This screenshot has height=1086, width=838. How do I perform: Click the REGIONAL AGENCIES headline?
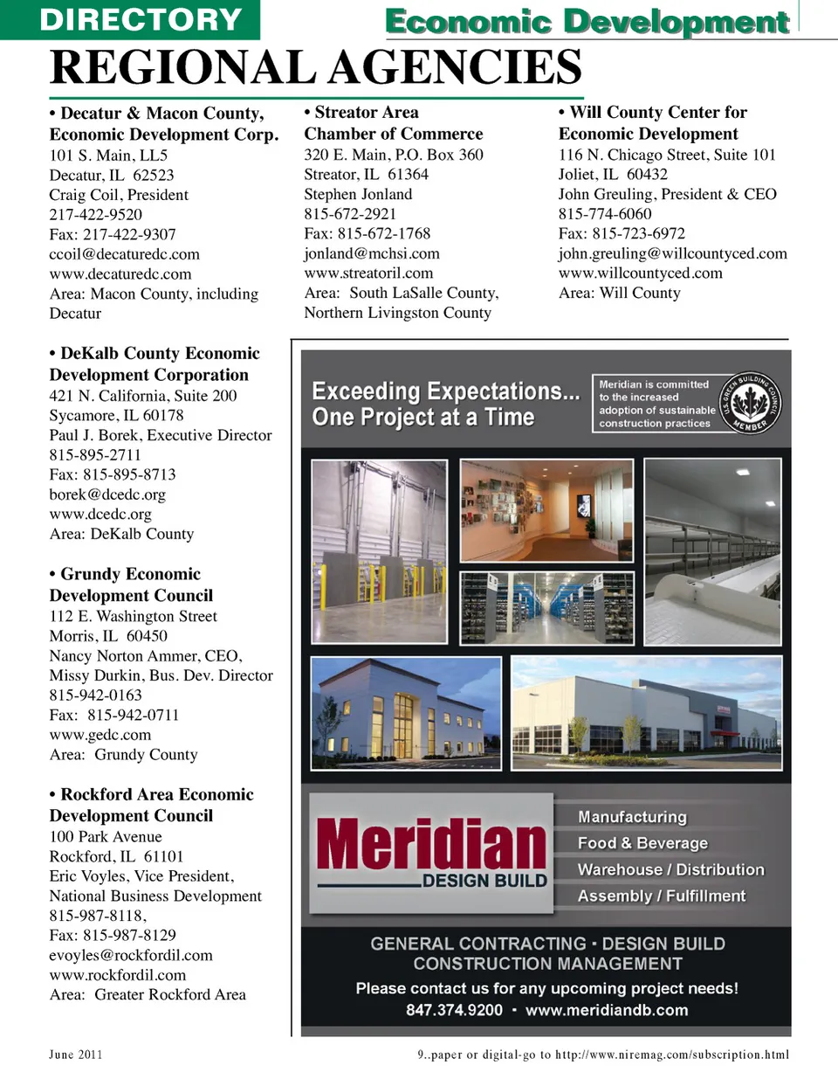tap(315, 67)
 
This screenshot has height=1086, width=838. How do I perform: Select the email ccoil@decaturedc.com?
tap(124, 254)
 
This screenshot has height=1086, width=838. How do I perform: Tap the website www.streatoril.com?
tap(367, 273)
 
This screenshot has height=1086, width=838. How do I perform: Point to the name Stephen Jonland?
tap(358, 194)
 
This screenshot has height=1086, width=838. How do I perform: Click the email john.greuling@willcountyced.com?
tap(672, 253)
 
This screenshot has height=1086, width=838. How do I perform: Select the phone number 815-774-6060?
tap(605, 214)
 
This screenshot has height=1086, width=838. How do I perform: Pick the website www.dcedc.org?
tap(100, 515)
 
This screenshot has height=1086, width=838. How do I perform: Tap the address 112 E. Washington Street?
tap(133, 616)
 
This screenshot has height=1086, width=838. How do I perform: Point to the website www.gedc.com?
tap(100, 735)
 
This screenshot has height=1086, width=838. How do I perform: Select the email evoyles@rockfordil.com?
tap(131, 955)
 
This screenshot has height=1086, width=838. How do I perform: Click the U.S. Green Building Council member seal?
tap(750, 402)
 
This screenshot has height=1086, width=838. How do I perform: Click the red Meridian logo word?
tap(431, 845)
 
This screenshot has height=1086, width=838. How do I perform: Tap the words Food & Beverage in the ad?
tap(642, 843)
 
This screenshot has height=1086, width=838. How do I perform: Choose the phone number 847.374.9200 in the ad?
tap(454, 1010)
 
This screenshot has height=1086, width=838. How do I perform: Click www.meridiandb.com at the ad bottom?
tap(607, 1010)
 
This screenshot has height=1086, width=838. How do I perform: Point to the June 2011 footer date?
tap(75, 1055)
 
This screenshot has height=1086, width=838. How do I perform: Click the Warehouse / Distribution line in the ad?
tap(670, 869)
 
